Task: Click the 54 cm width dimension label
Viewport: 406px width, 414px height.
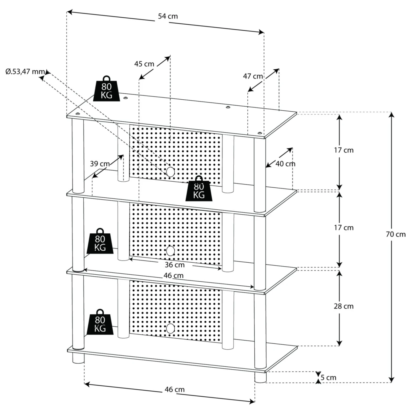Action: (x=168, y=16)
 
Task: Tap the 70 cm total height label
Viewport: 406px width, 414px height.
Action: (x=395, y=234)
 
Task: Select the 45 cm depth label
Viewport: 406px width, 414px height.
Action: (x=144, y=64)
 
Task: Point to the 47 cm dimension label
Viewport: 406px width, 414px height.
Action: (x=253, y=76)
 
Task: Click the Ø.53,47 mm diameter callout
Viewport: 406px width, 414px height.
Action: (x=25, y=72)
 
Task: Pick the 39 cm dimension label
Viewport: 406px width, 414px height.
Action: (x=100, y=164)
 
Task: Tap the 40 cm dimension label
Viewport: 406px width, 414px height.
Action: (x=285, y=164)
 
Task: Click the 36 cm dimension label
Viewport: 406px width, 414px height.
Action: (x=175, y=265)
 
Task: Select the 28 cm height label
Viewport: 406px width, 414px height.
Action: (x=343, y=306)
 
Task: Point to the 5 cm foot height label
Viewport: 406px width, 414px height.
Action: (x=328, y=377)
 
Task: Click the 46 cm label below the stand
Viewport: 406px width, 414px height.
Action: (x=175, y=390)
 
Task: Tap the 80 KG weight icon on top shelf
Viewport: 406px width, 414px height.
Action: (x=106, y=89)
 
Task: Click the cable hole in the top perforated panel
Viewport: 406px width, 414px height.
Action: (x=170, y=172)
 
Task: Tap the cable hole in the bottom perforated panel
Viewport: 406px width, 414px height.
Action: (x=170, y=328)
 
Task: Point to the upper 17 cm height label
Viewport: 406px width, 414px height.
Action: (x=343, y=150)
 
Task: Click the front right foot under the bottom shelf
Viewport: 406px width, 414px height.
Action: (x=260, y=377)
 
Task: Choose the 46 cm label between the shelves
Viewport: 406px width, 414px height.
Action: (x=173, y=276)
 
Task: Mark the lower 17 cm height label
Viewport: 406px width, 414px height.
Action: (x=343, y=228)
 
